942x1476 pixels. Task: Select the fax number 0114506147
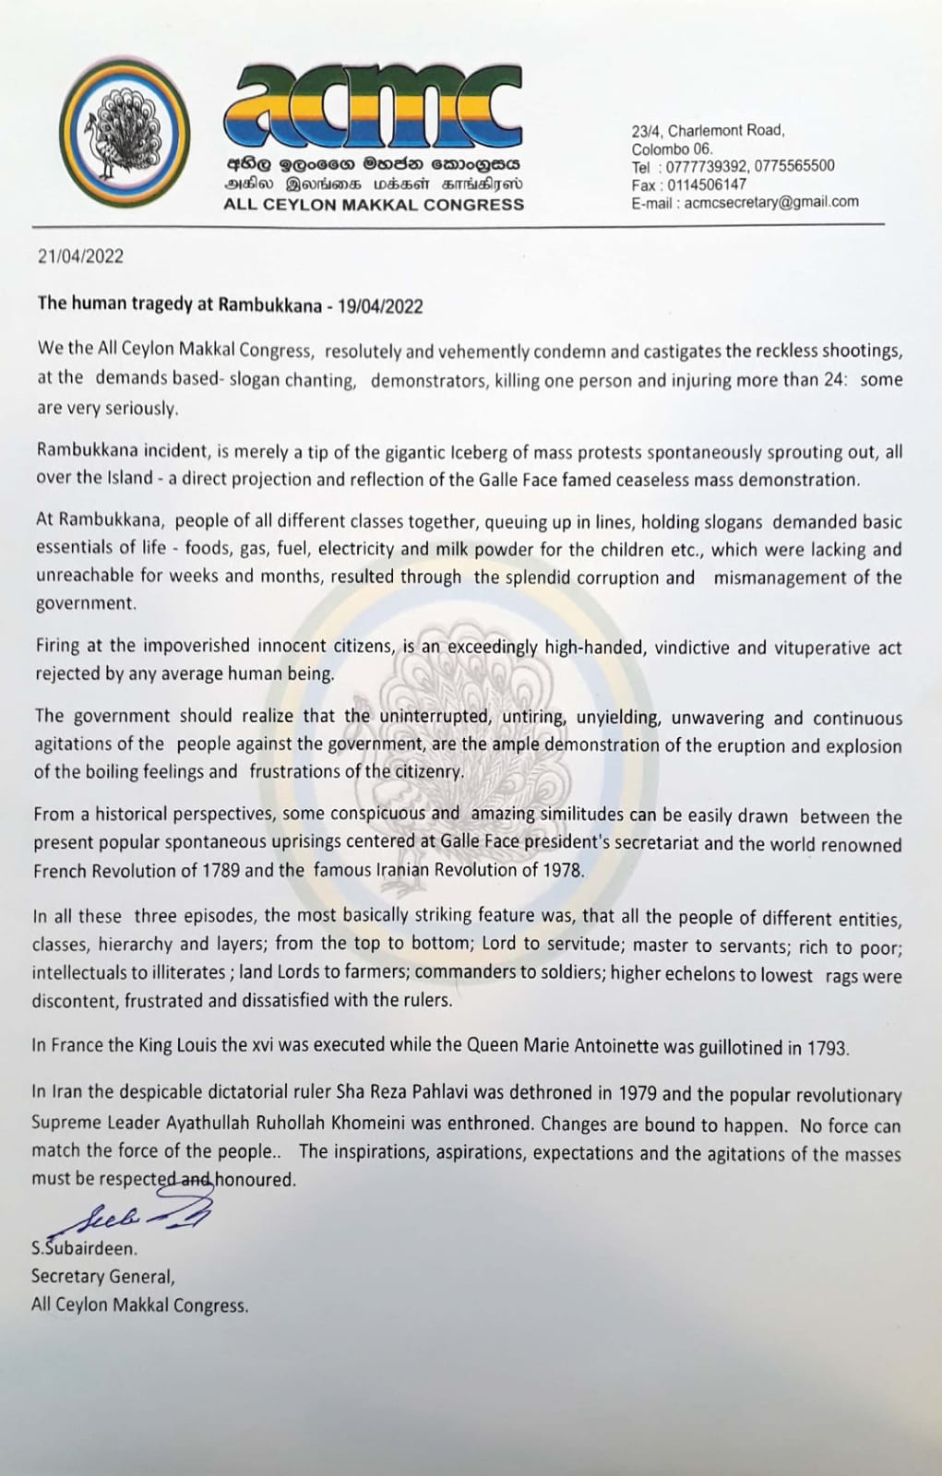click(709, 184)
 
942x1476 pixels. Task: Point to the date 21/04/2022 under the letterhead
click(80, 257)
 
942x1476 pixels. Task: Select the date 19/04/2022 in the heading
click(380, 306)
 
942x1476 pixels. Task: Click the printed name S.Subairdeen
click(84, 1249)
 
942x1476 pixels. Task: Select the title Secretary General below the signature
click(103, 1277)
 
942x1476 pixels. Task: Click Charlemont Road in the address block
click(726, 131)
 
